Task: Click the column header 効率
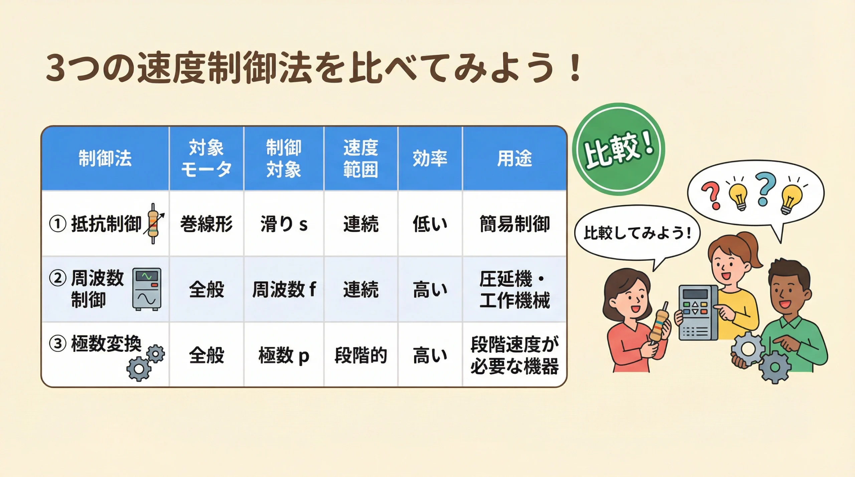(x=430, y=158)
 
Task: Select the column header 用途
(x=514, y=158)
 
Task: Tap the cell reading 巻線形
(x=206, y=224)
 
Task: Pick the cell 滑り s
(x=284, y=224)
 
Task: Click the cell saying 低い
(x=430, y=224)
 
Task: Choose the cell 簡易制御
(x=514, y=224)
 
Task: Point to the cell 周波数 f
(x=284, y=289)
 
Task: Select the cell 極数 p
(x=284, y=355)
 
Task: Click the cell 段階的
(x=361, y=355)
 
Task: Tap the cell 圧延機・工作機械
(x=514, y=289)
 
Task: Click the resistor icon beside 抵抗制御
(x=154, y=224)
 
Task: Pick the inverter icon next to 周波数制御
(x=147, y=289)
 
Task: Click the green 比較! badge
(x=619, y=149)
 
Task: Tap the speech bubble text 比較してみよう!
(x=637, y=233)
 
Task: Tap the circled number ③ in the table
(x=58, y=344)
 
